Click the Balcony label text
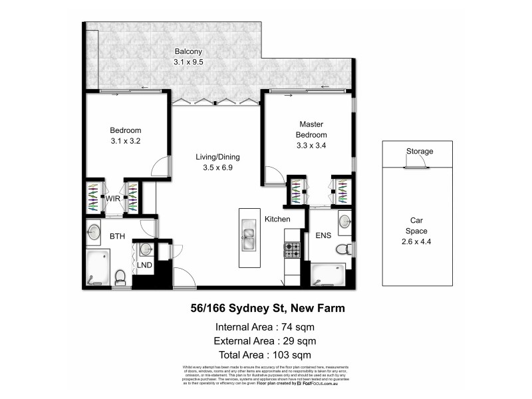tap(188, 52)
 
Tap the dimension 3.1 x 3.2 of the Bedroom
tap(126, 141)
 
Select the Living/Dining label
tap(217, 157)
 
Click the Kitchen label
tap(278, 219)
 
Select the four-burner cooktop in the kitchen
tap(293, 251)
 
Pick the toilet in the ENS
tap(343, 249)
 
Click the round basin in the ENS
tap(344, 221)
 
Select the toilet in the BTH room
tap(121, 277)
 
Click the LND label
tap(144, 265)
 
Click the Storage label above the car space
tap(420, 152)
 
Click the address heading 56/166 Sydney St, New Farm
tap(264, 308)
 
